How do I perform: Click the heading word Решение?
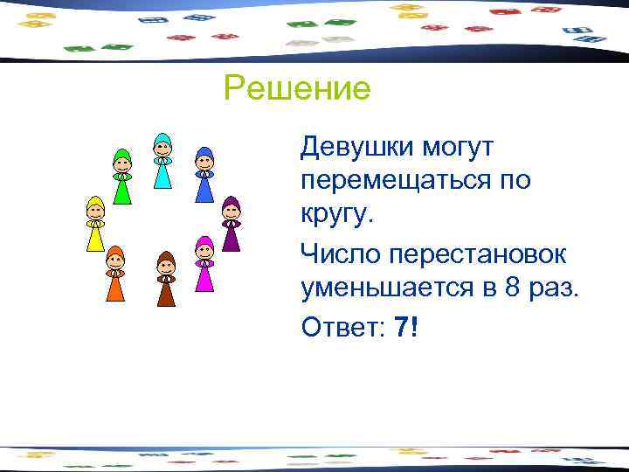[x=297, y=88]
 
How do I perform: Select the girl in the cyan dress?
[x=162, y=162]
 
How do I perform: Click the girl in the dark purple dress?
[x=231, y=225]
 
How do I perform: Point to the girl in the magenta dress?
[x=204, y=266]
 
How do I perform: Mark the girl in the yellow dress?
[x=94, y=225]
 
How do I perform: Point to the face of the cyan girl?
[x=162, y=147]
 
